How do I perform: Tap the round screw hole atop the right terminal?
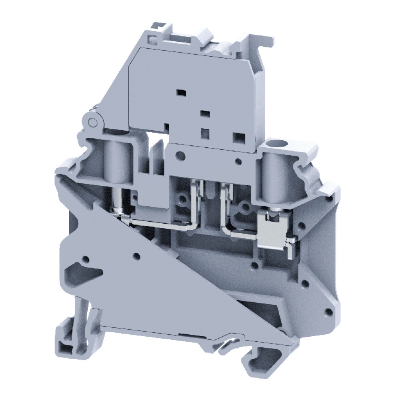[x=273, y=143]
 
